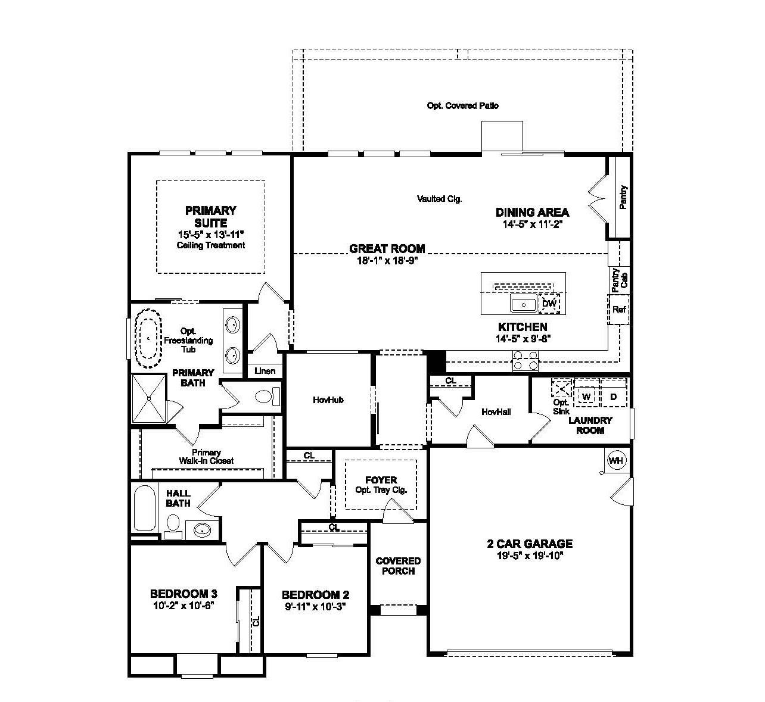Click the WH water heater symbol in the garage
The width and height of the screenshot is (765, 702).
pos(615,460)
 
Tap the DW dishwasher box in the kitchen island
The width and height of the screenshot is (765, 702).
pos(549,304)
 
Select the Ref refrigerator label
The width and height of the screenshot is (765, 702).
pos(619,310)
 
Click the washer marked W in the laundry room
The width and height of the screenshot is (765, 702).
pos(586,397)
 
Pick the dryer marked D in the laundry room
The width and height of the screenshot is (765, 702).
pos(614,397)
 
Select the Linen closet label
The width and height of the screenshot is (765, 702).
pos(265,371)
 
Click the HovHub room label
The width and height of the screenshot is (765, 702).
pos(328,400)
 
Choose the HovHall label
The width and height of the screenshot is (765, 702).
pos(496,411)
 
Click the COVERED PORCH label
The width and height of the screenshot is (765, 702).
pos(398,566)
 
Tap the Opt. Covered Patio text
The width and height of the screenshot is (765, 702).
pos(463,105)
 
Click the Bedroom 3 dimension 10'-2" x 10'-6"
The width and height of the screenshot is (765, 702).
pos(183,605)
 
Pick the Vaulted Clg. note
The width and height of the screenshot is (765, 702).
pos(440,199)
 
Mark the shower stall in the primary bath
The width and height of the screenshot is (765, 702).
pos(149,398)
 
